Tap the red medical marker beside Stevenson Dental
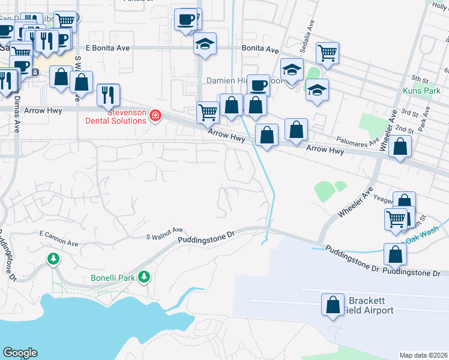coord(155,115)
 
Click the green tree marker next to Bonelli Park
coord(143,277)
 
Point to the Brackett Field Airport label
coord(368,305)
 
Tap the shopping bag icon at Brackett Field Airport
coord(333,305)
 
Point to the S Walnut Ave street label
coord(164,232)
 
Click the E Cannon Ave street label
coord(59,238)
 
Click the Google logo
coord(20,353)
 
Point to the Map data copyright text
coord(423,355)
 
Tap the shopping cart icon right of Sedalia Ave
coord(327,53)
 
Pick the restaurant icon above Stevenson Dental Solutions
coord(108,95)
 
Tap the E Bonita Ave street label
coord(108,47)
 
